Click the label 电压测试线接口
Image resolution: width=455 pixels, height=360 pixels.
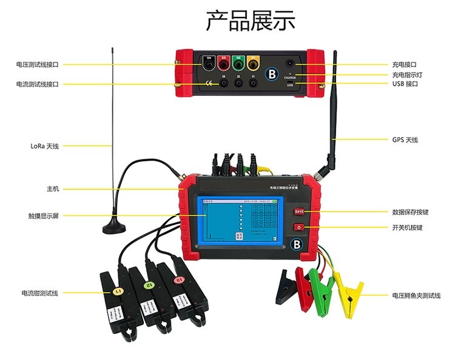[x=38, y=64]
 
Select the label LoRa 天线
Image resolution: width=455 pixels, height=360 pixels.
[x=45, y=146]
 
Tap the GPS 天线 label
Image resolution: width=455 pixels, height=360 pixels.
[x=405, y=140]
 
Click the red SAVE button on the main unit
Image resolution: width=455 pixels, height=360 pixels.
[x=299, y=212]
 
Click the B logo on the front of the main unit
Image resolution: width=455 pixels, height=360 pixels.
[x=297, y=245]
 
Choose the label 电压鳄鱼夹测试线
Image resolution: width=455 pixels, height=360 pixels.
[x=416, y=295]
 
